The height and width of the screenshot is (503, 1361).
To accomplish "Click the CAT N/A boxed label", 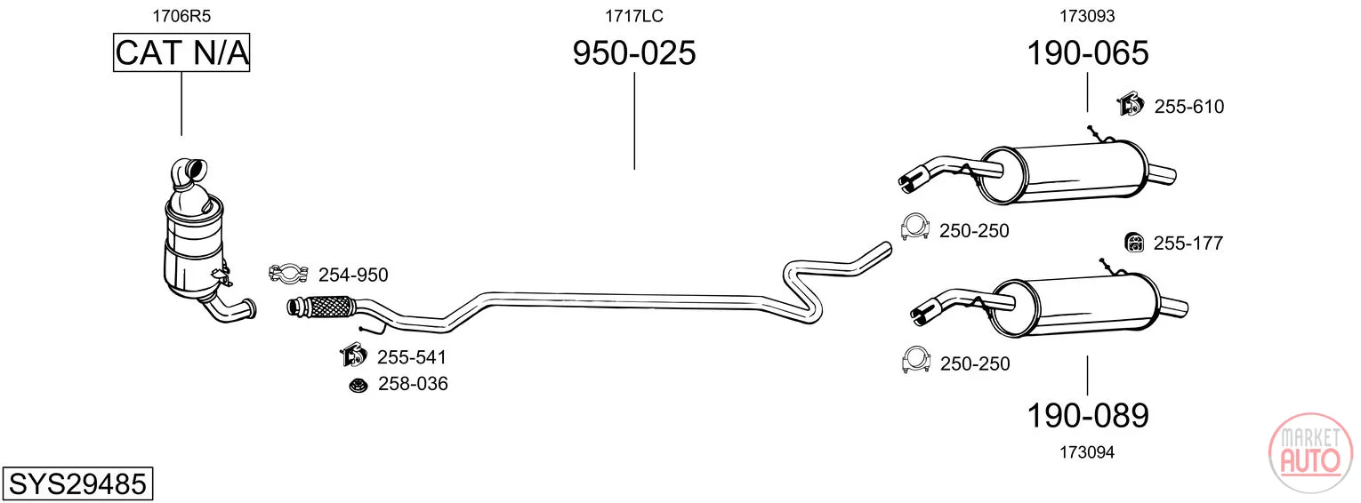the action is tap(181, 52).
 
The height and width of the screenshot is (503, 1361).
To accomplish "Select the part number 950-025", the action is tap(633, 52).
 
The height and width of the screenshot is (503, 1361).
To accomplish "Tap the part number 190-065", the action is tap(1088, 52).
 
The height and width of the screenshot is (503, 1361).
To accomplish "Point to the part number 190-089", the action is tap(1088, 416).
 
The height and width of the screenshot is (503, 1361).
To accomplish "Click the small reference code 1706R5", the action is tap(181, 16).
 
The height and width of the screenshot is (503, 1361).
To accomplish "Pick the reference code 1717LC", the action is tap(633, 16).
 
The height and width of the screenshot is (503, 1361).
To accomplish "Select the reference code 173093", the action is tap(1088, 16).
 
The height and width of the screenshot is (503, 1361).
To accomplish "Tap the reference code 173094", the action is tap(1088, 452).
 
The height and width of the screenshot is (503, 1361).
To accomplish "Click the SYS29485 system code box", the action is tap(77, 483).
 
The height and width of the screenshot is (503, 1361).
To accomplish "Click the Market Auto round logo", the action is tap(1310, 452).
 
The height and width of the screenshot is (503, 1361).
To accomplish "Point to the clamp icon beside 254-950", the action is tap(288, 274).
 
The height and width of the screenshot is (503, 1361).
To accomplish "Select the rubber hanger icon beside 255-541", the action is tap(353, 355).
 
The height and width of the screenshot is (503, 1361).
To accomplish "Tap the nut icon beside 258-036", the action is tap(358, 385).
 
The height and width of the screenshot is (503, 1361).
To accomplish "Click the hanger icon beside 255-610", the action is tap(1130, 104).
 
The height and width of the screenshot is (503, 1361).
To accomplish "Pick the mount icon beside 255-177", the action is tap(1134, 243).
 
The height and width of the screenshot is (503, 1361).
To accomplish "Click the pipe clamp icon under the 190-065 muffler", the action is tap(915, 228).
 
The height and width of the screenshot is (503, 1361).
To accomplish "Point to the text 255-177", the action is tap(1188, 244).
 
